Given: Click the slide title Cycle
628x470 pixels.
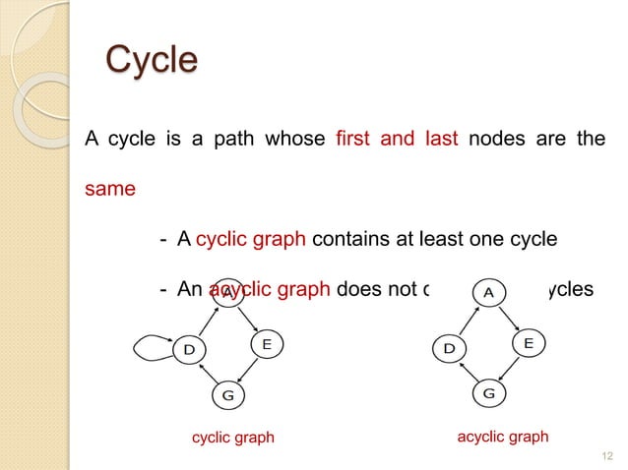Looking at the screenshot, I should pyautogui.click(x=151, y=60).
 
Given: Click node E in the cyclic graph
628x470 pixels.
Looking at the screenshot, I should pyautogui.click(x=266, y=344).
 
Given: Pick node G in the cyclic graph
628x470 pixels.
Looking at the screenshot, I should pyautogui.click(x=227, y=395).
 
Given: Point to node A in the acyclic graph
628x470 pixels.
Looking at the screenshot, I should pyautogui.click(x=488, y=292).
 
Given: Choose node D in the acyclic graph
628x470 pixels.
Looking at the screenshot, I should pyautogui.click(x=449, y=348).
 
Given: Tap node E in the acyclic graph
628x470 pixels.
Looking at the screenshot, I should pyautogui.click(x=529, y=343).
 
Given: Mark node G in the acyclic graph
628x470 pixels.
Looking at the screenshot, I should pyautogui.click(x=489, y=394).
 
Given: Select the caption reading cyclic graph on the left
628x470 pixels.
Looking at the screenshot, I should pyautogui.click(x=232, y=438).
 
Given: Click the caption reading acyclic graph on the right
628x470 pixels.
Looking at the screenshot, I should pyautogui.click(x=503, y=437).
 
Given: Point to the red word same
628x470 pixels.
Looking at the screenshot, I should pyautogui.click(x=109, y=189).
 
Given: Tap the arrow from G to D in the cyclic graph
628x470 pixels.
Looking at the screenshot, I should pyautogui.click(x=205, y=374).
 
